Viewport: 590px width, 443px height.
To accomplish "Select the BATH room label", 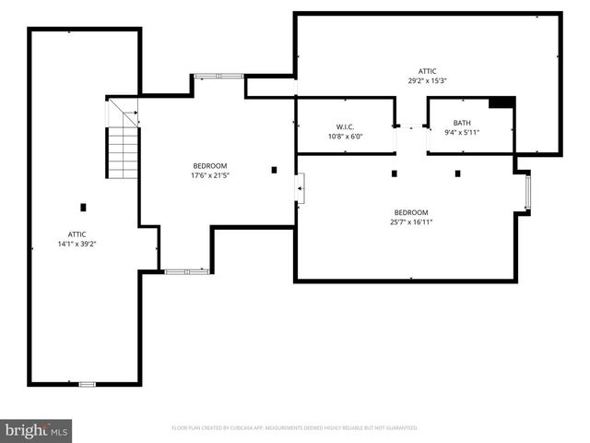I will [x=462, y=123].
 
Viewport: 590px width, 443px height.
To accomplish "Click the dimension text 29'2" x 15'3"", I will [x=427, y=80].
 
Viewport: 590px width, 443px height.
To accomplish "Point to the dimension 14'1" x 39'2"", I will [x=77, y=244].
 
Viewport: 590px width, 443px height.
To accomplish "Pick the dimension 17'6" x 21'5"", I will [x=209, y=174].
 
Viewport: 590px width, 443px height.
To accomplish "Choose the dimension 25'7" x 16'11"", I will [x=411, y=221].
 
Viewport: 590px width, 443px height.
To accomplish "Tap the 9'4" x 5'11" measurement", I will [x=462, y=133].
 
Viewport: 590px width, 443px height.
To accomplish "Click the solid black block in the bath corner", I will [x=501, y=102].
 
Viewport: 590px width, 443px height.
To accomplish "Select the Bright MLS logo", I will [x=36, y=430].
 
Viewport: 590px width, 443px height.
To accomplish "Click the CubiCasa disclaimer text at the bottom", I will [x=295, y=428].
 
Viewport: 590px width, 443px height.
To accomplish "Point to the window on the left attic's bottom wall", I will [x=87, y=383].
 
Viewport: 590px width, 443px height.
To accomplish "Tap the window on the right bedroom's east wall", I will [x=527, y=193].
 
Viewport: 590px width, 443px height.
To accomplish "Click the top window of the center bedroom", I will [x=219, y=76].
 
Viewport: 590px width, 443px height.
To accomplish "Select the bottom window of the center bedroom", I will [x=186, y=271].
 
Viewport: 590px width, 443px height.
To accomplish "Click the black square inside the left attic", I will [x=83, y=207].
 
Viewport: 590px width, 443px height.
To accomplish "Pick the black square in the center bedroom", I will [x=274, y=169].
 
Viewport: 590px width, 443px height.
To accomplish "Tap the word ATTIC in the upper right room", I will [x=427, y=71].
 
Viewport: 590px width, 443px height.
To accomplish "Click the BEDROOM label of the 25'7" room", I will [x=411, y=211].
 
